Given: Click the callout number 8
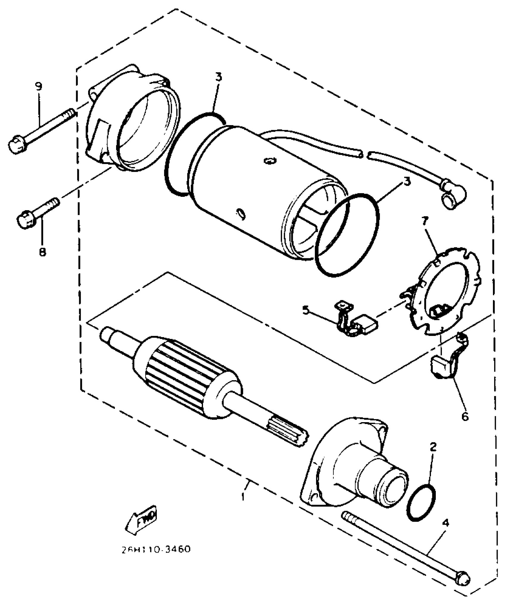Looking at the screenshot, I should [42, 252].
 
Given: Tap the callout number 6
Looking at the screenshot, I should [465, 417].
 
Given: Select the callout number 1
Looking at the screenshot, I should [243, 496].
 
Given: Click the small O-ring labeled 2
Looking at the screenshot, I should [421, 502].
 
